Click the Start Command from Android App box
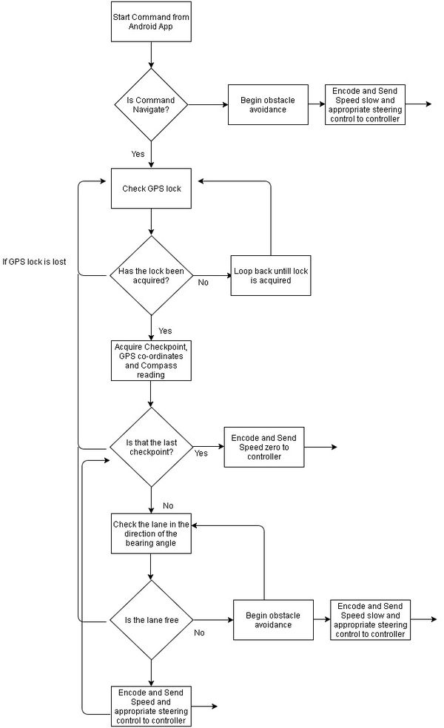pyautogui.click(x=151, y=21)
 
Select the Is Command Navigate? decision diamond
pyautogui.click(x=151, y=104)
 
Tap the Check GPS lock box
pyautogui.click(x=151, y=189)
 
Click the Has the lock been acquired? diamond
pyautogui.click(x=151, y=276)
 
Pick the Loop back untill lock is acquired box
pyautogui.click(x=271, y=275)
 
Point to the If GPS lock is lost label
pyautogui.click(x=34, y=262)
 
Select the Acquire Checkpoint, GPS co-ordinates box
pyautogui.click(x=151, y=361)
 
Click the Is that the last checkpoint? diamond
pyautogui.click(x=151, y=447)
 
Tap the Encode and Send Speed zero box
pyautogui.click(x=263, y=447)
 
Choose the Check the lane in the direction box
pyautogui.click(x=151, y=533)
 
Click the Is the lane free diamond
pyautogui.click(x=151, y=620)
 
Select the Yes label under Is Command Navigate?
pyautogui.click(x=138, y=154)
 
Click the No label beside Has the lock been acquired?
pyautogui.click(x=203, y=283)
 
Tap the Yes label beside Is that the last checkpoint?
pyautogui.click(x=201, y=453)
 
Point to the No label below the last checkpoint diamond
pyautogui.click(x=168, y=505)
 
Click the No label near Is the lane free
pyautogui.click(x=199, y=633)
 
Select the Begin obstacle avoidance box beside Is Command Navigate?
pyautogui.click(x=268, y=104)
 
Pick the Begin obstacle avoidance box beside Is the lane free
pyautogui.click(x=273, y=620)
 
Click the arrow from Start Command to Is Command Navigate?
pyautogui.click(x=151, y=55)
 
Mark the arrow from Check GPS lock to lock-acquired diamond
pyautogui.click(x=151, y=223)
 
